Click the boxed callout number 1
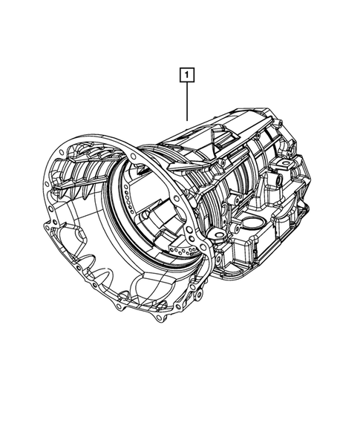coord(186,75)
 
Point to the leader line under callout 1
coord(187,102)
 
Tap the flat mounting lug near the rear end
coord(285,164)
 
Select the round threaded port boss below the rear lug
coord(278,180)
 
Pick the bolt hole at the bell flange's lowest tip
coord(158,318)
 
